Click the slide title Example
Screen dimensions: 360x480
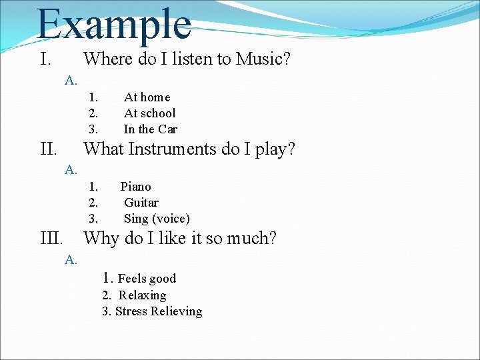coord(114,25)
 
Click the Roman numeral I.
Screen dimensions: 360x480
coord(45,59)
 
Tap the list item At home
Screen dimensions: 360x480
coord(147,97)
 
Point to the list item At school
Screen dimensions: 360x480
coord(149,113)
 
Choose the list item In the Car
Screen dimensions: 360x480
coord(150,129)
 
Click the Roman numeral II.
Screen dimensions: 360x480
coord(49,149)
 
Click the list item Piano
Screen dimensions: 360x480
coord(135,187)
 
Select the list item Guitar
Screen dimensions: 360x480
coord(141,203)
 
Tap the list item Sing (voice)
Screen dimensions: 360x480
coord(157,219)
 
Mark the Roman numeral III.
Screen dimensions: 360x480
coord(53,238)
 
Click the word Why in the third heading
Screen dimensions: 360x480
coord(101,238)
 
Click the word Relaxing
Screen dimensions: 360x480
coord(142,295)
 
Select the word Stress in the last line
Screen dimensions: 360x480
coord(131,311)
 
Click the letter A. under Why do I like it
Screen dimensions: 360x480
coord(71,260)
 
